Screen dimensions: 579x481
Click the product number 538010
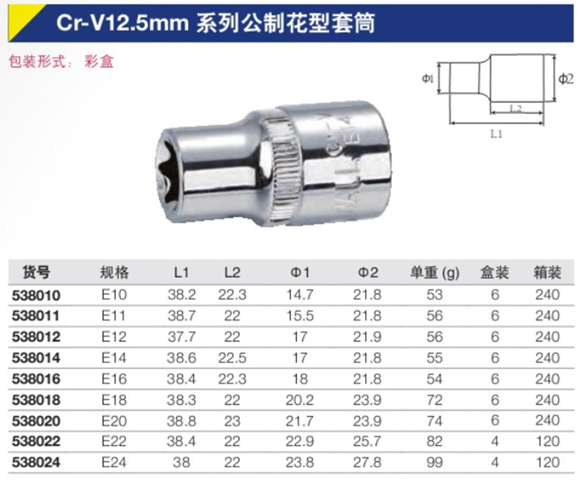[x=36, y=295]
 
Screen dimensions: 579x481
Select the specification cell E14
[x=114, y=358]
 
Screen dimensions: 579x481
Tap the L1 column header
[x=181, y=273]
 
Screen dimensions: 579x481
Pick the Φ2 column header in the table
[x=368, y=273]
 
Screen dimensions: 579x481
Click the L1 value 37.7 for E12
[x=181, y=337]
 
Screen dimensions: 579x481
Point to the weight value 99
[x=434, y=462]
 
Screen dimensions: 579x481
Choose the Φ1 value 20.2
[x=300, y=400]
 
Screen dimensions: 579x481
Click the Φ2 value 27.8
[x=367, y=462]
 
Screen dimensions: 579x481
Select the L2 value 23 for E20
[x=232, y=421]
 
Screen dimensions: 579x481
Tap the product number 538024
[x=36, y=463]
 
